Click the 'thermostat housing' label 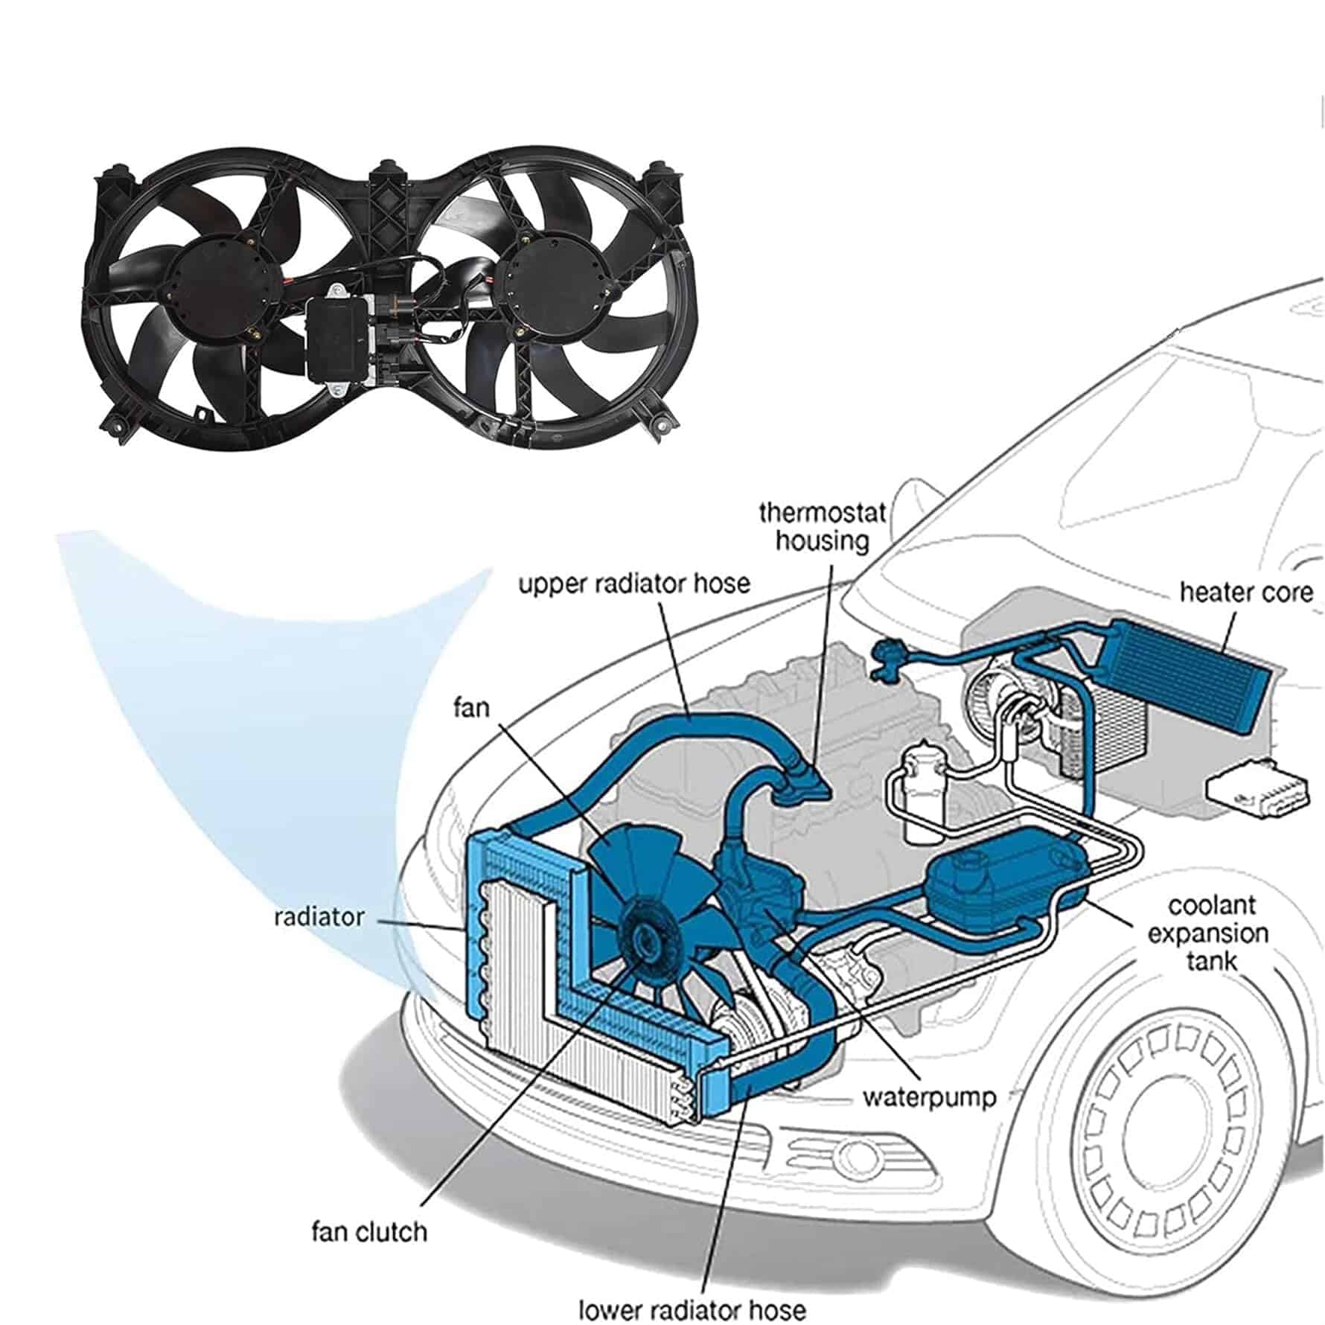pyautogui.click(x=823, y=527)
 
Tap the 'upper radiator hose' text pyautogui.click(x=634, y=584)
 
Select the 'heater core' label pyautogui.click(x=1246, y=593)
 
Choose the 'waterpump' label pyautogui.click(x=929, y=1098)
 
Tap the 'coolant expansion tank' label pyautogui.click(x=1209, y=933)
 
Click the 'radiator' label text pyautogui.click(x=319, y=916)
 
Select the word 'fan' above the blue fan pyautogui.click(x=472, y=706)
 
